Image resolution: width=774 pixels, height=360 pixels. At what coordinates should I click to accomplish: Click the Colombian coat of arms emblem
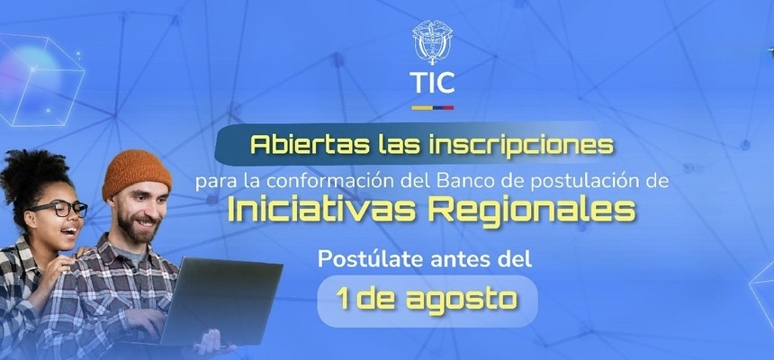[x=432, y=42]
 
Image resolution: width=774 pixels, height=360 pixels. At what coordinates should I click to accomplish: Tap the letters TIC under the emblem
[x=432, y=83]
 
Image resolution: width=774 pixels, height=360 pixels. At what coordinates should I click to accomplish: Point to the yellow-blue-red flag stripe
[x=432, y=108]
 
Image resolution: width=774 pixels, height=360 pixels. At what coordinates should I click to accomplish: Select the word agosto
[x=462, y=301]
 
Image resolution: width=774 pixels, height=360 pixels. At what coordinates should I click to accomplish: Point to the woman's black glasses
[x=59, y=209]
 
